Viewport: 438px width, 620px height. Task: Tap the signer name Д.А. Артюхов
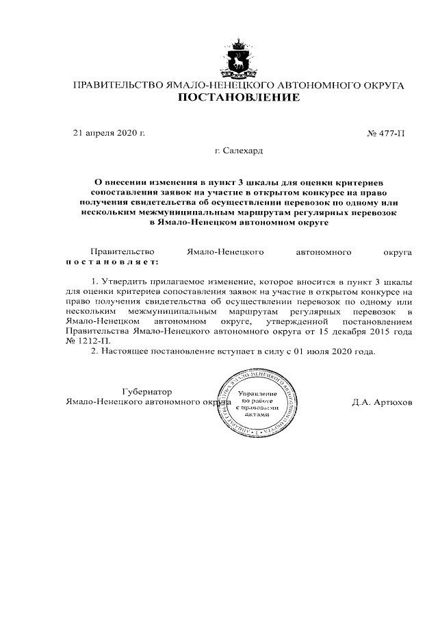383,401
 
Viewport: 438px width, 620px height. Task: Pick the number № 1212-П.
86,340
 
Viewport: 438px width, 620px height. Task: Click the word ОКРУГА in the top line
381,86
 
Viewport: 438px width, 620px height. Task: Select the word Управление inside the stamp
257,395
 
